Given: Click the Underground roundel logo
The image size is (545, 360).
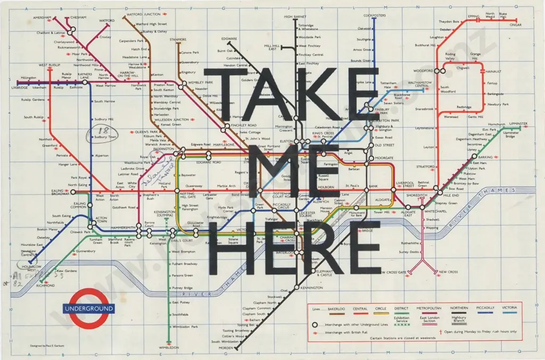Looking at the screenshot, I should (x=88, y=308).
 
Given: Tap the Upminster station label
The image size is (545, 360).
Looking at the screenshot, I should (x=518, y=123).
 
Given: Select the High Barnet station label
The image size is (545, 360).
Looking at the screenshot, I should (x=295, y=17).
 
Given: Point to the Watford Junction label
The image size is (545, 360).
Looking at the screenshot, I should (x=145, y=14).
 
